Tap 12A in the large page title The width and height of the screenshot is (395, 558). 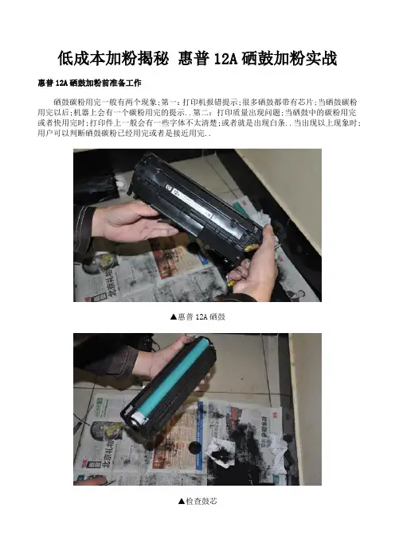[225, 59]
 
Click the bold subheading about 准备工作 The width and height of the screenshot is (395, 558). [89, 83]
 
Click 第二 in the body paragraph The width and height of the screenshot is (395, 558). [201, 113]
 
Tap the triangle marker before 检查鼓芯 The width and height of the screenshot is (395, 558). [182, 501]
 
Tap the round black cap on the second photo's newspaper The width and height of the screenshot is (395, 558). [194, 447]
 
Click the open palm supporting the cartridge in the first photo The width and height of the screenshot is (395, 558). [135, 224]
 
